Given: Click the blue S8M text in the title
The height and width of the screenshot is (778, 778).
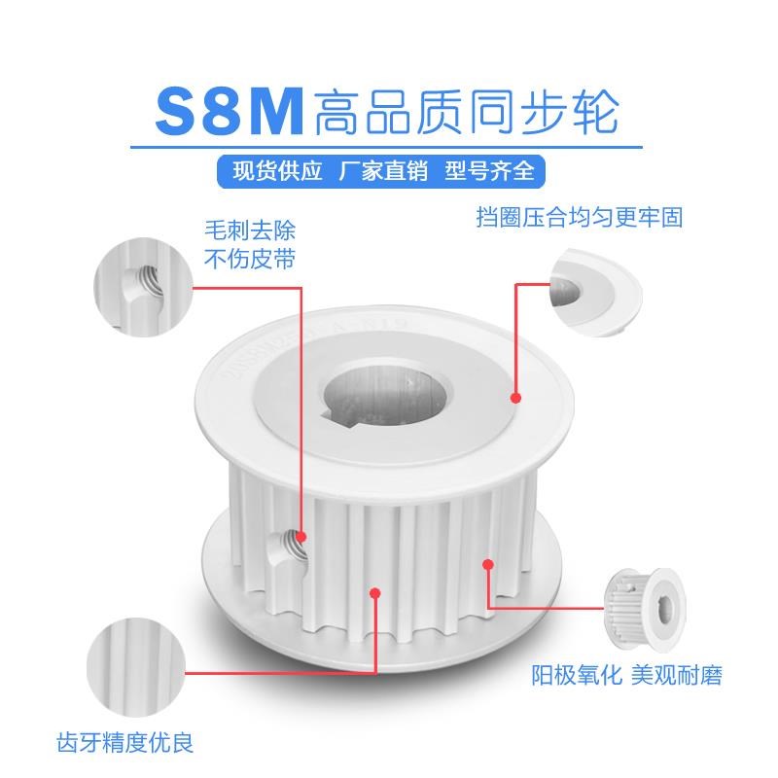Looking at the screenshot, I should coord(230,114).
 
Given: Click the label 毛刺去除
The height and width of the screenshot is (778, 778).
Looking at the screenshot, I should coord(248,232).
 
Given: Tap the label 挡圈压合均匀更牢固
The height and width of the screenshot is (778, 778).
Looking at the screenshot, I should coord(580,217).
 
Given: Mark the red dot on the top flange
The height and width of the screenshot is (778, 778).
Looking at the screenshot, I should coord(516,397).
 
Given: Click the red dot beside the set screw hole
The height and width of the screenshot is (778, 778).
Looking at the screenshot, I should coord(301,536).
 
